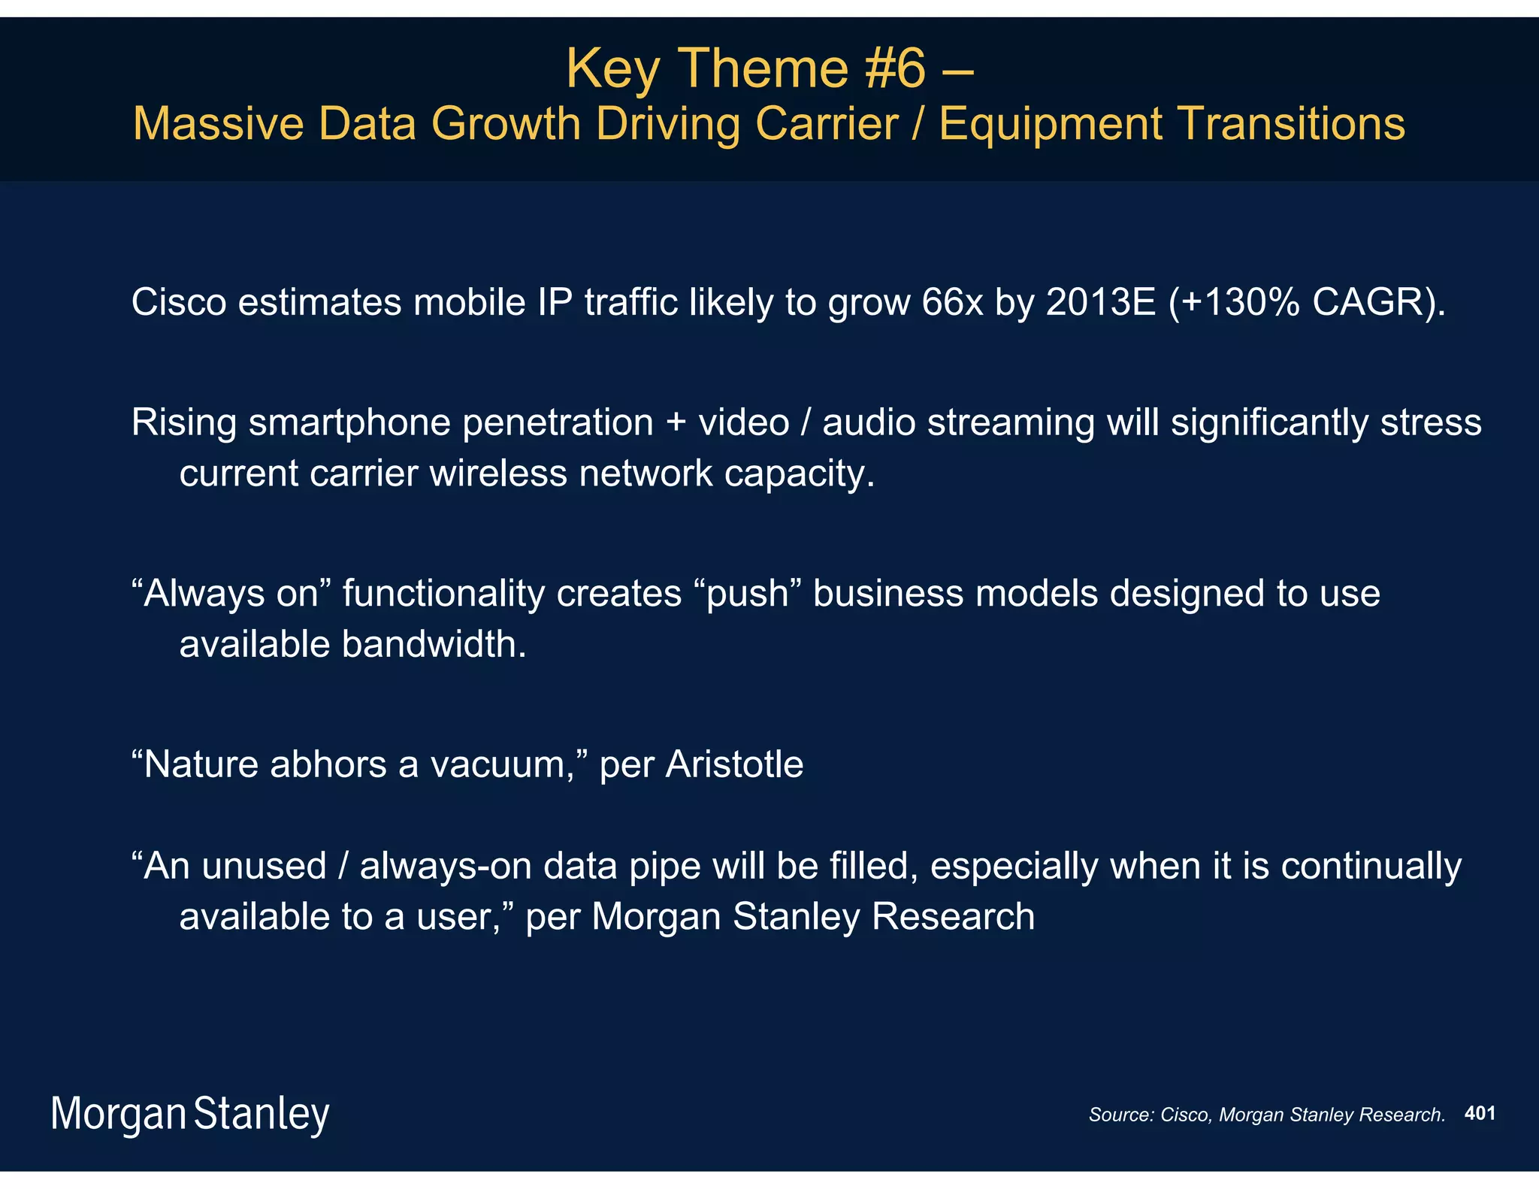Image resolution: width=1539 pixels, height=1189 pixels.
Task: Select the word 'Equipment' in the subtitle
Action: coord(1050,123)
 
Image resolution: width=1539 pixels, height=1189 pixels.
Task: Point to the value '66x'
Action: coord(952,303)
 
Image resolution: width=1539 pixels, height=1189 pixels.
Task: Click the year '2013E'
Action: coord(1100,303)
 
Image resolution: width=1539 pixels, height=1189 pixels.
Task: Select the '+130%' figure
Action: coord(1241,303)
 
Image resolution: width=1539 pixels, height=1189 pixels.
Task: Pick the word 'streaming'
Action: coord(1011,423)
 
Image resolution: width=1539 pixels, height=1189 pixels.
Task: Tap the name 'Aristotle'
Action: coord(734,764)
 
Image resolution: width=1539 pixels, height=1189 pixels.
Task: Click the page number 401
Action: coord(1480,1113)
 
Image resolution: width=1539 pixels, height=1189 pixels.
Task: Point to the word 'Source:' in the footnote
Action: coord(1120,1115)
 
